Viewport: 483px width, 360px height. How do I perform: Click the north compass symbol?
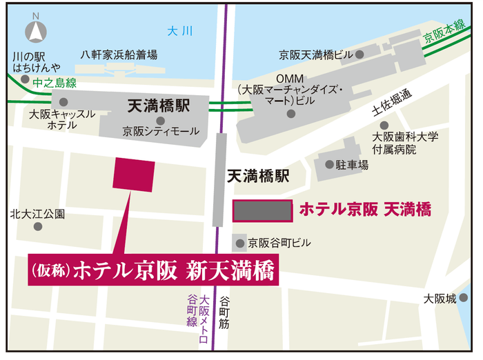(35, 31)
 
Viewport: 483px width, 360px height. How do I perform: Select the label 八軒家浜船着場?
(119, 54)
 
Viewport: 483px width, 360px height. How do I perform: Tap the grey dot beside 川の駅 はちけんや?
(26, 79)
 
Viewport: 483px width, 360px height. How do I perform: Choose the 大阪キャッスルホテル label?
(62, 119)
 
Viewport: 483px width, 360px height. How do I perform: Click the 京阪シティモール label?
(161, 131)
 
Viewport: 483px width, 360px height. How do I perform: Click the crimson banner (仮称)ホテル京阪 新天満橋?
(152, 270)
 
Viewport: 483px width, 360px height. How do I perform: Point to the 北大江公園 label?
(39, 214)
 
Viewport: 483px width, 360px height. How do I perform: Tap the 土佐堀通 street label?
(391, 101)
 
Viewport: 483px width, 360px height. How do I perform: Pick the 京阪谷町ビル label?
(280, 243)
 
